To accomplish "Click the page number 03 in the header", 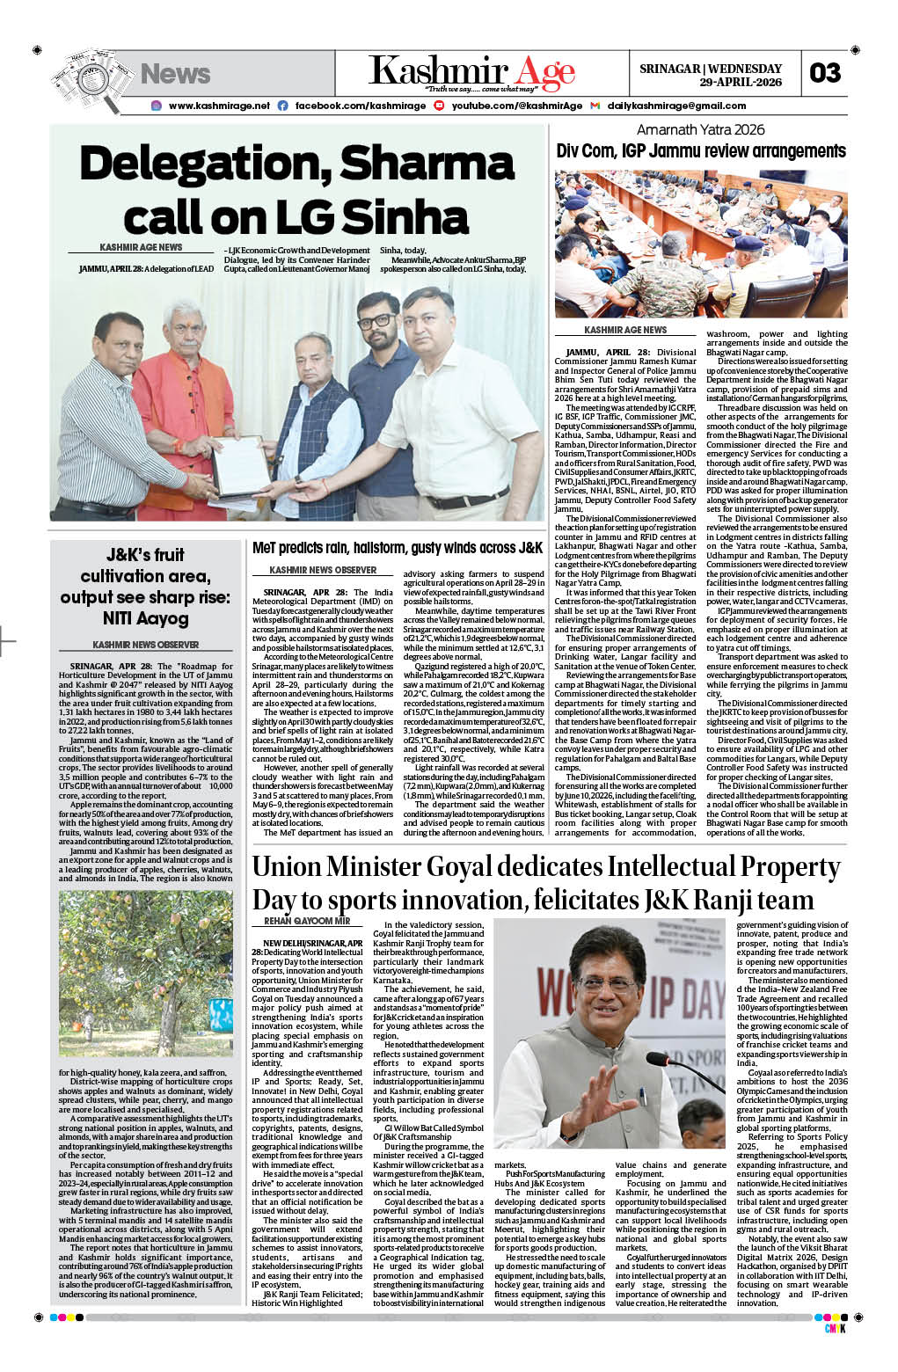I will point(824,73).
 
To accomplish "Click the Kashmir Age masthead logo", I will point(471,71).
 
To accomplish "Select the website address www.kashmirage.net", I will point(219,106).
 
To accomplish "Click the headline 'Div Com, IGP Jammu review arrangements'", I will point(701,151).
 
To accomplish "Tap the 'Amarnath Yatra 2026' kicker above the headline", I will point(701,130).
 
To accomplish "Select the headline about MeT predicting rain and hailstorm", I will point(397,548).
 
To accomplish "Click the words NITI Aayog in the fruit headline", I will point(146,618).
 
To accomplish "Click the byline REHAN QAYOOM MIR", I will point(307,921).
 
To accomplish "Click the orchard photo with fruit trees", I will point(146,973).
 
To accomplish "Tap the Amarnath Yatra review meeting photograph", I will point(701,244).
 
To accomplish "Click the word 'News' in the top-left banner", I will point(175,74).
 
